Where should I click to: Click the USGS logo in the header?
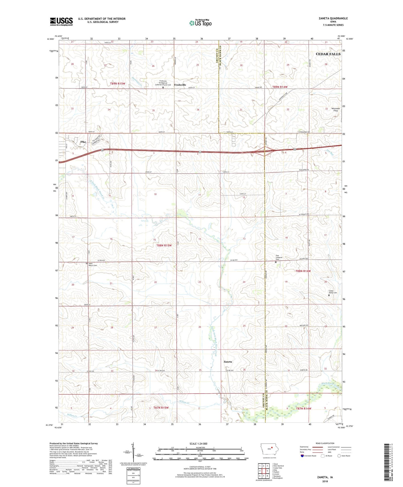click(61, 21)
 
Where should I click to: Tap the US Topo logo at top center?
click(200, 23)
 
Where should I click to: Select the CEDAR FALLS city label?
click(328, 54)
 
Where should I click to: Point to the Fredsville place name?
click(180, 85)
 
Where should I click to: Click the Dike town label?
click(83, 142)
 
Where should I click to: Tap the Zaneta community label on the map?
click(228, 362)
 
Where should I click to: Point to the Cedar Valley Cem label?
click(332, 292)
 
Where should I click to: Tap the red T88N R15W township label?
click(164, 245)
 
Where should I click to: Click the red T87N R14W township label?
click(303, 408)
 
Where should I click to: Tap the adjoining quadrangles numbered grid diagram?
click(263, 471)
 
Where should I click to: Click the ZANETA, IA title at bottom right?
click(325, 477)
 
